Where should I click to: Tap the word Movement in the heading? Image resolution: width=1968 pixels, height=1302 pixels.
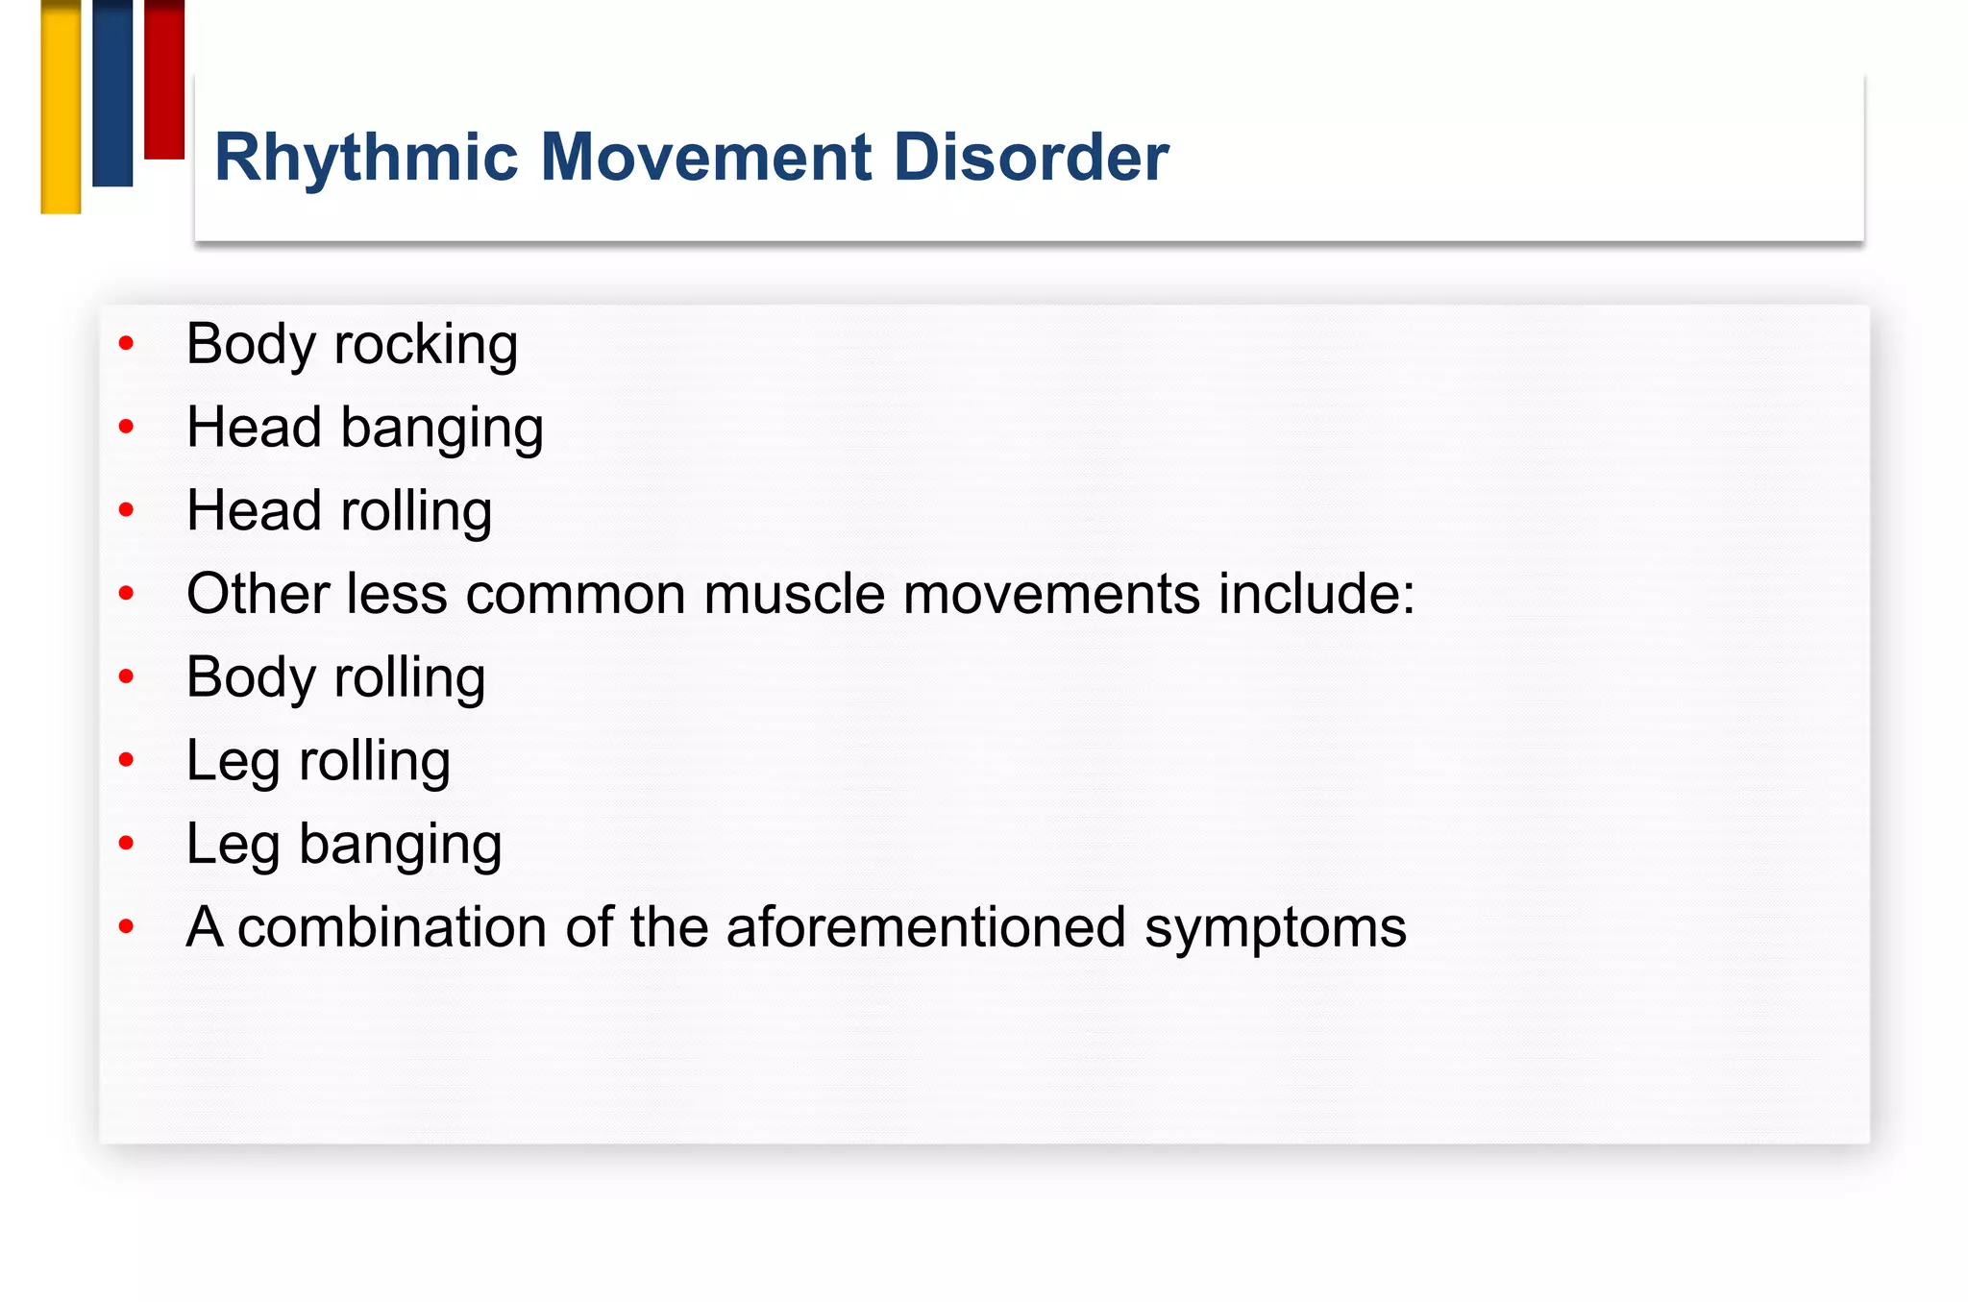tap(707, 158)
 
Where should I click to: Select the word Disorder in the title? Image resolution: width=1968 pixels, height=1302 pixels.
tap(1030, 158)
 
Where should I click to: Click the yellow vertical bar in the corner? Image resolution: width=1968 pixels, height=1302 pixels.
tap(61, 106)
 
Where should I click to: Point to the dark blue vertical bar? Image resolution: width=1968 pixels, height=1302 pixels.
tap(112, 93)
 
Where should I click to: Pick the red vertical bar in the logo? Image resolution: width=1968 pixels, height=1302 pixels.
tap(164, 79)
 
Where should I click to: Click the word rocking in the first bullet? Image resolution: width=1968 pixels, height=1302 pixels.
tap(426, 345)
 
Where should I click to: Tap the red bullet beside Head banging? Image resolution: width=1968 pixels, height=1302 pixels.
tap(126, 427)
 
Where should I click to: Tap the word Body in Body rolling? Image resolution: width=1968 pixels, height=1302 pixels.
tap(251, 678)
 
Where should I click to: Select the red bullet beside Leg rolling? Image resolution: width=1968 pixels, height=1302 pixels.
tap(126, 760)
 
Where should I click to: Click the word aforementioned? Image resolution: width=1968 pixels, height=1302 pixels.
tap(925, 928)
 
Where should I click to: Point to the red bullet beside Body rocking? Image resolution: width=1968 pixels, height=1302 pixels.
tap(126, 343)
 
